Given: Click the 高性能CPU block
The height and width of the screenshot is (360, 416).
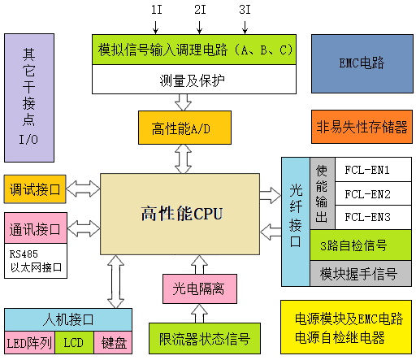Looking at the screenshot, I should click(180, 214).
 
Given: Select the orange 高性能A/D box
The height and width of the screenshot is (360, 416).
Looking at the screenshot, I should click(184, 128).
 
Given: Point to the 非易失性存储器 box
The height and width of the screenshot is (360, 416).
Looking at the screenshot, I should click(361, 127).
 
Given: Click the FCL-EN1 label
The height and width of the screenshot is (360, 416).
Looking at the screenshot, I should click(367, 171).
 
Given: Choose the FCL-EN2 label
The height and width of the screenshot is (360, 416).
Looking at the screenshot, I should click(367, 194).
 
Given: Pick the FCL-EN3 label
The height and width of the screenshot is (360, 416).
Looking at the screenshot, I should click(367, 217).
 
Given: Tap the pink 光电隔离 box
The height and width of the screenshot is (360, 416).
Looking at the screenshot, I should click(198, 288).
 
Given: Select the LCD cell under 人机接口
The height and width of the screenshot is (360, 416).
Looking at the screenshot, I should click(74, 343).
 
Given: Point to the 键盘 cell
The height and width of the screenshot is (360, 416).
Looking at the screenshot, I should click(114, 343).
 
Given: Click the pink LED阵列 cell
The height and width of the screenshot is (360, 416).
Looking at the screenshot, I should click(29, 343).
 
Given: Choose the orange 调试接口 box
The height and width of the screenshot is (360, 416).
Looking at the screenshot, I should click(34, 189).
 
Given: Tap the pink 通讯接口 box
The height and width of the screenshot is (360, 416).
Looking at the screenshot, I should click(34, 228).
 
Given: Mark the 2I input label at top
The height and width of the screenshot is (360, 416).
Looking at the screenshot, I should click(199, 11).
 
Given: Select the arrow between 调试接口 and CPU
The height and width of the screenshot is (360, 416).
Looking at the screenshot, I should click(83, 189).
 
